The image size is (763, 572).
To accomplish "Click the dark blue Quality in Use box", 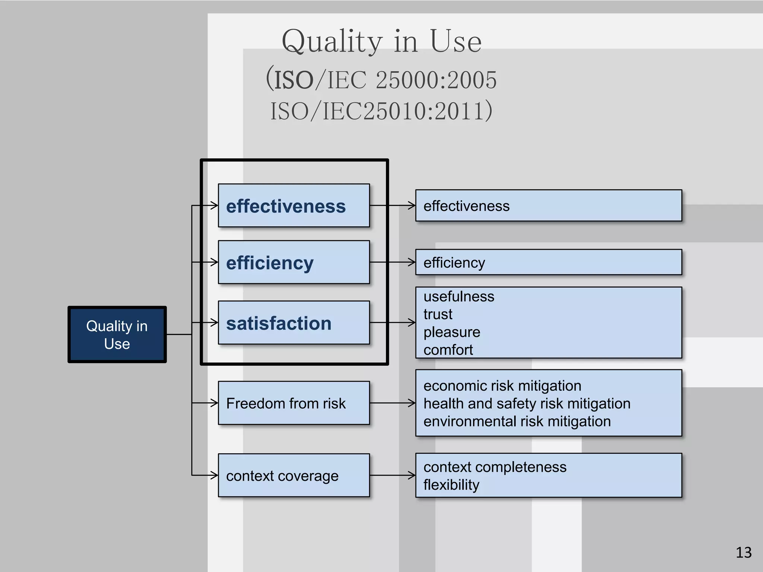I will (117, 334).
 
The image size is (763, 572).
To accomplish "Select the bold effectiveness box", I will (294, 206).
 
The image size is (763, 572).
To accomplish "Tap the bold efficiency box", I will (294, 263).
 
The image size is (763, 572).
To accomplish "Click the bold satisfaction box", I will (294, 323).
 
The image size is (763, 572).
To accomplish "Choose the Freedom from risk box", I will (294, 403).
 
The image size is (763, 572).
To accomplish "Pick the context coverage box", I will (294, 476).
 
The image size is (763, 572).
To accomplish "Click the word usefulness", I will (459, 297).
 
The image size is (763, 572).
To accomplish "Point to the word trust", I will (438, 315).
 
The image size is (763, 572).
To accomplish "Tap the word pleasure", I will (452, 332).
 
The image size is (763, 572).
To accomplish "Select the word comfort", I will (448, 350).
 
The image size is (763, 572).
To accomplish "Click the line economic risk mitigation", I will (502, 386).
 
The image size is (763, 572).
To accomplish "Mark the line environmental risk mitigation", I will (517, 422).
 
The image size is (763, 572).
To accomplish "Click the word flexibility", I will (451, 485).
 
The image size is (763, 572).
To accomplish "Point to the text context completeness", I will (495, 467).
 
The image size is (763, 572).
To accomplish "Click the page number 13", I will (744, 552).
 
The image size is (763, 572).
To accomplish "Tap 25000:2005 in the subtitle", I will (436, 80).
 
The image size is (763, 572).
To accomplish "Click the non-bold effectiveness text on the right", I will (466, 206).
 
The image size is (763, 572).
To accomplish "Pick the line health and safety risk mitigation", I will (527, 404).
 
